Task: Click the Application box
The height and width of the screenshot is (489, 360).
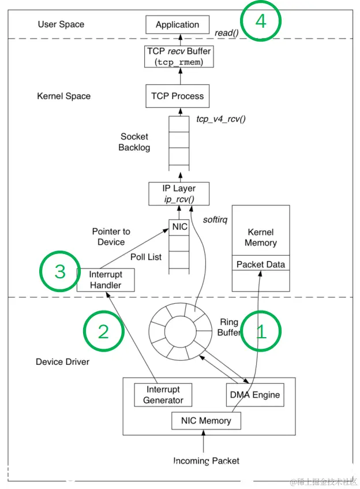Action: click(x=177, y=25)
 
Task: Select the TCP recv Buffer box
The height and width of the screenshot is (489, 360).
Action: click(x=179, y=57)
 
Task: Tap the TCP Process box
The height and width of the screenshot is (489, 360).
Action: click(x=177, y=96)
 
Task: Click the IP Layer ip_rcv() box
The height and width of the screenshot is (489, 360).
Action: click(x=179, y=193)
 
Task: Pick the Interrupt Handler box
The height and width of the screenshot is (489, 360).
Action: click(x=106, y=280)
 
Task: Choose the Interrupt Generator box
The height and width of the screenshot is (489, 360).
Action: click(x=163, y=395)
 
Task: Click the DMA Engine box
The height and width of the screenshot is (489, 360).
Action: click(x=255, y=395)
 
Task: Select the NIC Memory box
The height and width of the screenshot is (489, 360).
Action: click(x=206, y=421)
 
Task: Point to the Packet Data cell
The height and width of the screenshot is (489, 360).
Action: click(x=261, y=264)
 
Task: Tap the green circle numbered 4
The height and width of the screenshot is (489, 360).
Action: click(x=261, y=21)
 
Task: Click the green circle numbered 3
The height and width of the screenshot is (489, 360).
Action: click(x=60, y=271)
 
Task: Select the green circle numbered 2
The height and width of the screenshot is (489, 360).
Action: click(x=103, y=331)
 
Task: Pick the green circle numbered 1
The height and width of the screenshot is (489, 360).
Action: click(x=261, y=331)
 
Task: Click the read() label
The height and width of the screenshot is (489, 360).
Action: click(x=227, y=33)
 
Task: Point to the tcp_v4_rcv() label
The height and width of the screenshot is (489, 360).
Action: click(x=221, y=119)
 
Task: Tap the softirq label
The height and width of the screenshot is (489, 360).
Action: click(x=215, y=220)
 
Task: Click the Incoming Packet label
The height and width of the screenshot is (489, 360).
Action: click(x=206, y=461)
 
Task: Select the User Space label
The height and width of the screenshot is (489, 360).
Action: click(x=61, y=24)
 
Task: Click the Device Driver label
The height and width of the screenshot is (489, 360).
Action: click(x=62, y=362)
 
